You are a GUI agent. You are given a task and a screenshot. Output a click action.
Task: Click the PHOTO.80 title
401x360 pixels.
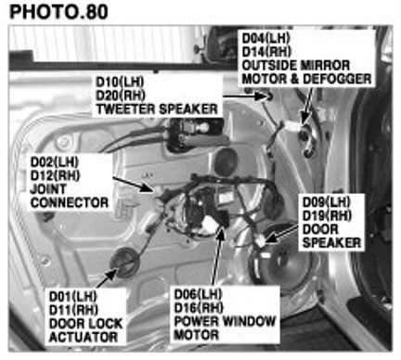(x=58, y=12)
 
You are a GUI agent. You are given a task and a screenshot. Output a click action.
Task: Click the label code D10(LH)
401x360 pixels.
(x=120, y=82)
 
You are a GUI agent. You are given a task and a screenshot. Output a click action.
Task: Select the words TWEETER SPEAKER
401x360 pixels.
(x=157, y=109)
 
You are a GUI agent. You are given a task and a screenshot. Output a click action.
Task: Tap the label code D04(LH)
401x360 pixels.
(x=265, y=38)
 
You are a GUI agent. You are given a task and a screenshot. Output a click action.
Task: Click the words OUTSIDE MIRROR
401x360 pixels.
(x=296, y=65)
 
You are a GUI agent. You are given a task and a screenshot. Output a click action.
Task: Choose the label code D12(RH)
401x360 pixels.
(x=55, y=175)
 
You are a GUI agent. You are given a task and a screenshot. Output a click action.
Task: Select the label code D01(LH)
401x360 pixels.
(x=73, y=297)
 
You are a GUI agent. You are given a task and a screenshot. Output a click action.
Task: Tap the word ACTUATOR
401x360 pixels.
(x=84, y=337)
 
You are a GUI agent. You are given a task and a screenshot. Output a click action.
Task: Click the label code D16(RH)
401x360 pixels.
(x=199, y=307)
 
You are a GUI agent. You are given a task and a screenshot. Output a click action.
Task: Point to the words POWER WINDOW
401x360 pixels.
(x=225, y=321)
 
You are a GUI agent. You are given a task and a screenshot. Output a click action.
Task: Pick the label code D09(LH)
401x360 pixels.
(x=327, y=202)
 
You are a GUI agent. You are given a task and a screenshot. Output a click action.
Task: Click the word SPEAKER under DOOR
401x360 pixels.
(x=331, y=243)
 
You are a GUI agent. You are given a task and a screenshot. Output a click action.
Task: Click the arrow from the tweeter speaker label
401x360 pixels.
(x=244, y=96)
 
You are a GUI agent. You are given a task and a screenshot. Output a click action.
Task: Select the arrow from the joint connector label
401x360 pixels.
(x=134, y=185)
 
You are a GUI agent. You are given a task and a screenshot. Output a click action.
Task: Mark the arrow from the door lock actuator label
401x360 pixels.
(x=107, y=278)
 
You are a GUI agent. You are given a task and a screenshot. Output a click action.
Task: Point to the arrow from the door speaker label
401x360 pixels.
(x=282, y=233)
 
